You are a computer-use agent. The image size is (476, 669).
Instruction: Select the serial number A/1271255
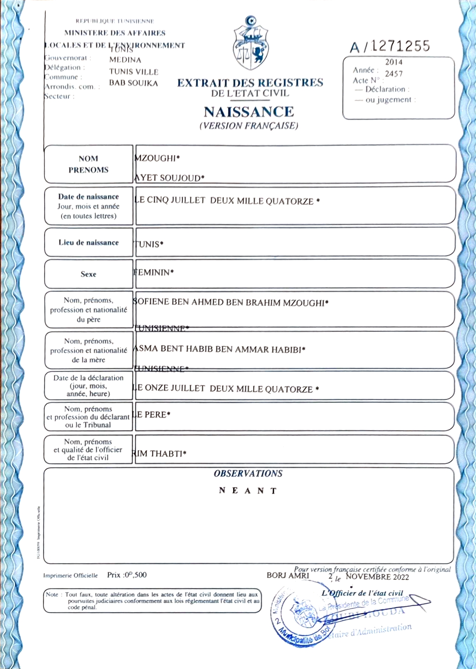tap(390, 46)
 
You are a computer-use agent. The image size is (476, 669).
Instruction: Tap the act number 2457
tap(394, 74)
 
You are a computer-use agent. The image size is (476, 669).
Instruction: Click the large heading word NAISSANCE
tap(249, 112)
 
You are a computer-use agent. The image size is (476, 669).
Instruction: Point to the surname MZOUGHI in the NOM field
tap(157, 158)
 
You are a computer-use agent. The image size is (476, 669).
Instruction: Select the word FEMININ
tap(153, 273)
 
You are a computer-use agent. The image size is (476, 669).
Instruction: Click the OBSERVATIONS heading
tap(248, 473)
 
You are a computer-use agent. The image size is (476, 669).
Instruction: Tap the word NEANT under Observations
tap(248, 491)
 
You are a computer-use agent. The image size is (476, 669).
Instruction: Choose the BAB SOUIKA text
tap(133, 83)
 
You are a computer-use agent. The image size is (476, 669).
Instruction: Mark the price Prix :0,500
tap(127, 575)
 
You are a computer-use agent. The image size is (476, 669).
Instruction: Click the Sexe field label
tap(88, 274)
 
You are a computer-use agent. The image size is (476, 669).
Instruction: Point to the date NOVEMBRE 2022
tap(377, 577)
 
